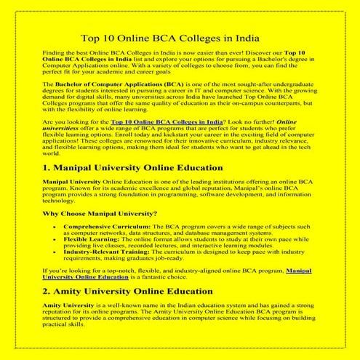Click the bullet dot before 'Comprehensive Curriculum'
point(55,228)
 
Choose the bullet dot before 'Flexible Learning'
point(55,239)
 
